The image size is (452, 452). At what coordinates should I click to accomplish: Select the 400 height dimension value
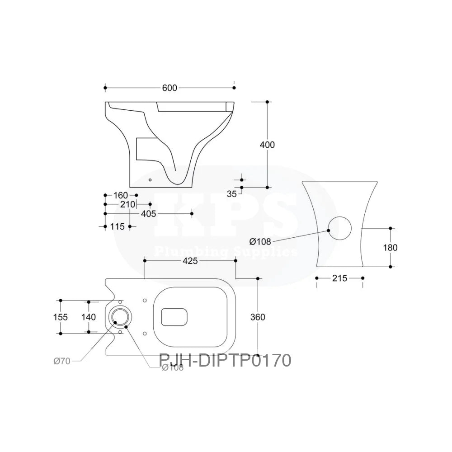click(x=267, y=145)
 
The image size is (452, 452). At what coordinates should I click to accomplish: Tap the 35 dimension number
click(x=232, y=194)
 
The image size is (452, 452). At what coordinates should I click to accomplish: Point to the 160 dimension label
click(x=120, y=195)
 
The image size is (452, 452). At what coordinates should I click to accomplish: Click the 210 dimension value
click(x=128, y=204)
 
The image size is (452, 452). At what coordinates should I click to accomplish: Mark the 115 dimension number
click(x=117, y=227)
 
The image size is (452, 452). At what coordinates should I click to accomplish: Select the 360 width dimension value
click(x=258, y=317)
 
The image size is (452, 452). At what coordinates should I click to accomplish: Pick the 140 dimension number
click(x=89, y=317)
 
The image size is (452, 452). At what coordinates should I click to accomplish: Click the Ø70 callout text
click(x=61, y=361)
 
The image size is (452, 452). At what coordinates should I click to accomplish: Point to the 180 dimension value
click(x=390, y=247)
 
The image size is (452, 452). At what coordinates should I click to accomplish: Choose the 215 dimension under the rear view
click(x=339, y=278)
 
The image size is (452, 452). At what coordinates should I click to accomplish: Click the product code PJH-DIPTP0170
click(x=225, y=361)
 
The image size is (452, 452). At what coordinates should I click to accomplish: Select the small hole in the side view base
click(x=151, y=179)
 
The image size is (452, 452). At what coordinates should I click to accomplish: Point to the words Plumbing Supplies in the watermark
click(x=226, y=251)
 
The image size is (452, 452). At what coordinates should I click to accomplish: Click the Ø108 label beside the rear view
click(x=261, y=241)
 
